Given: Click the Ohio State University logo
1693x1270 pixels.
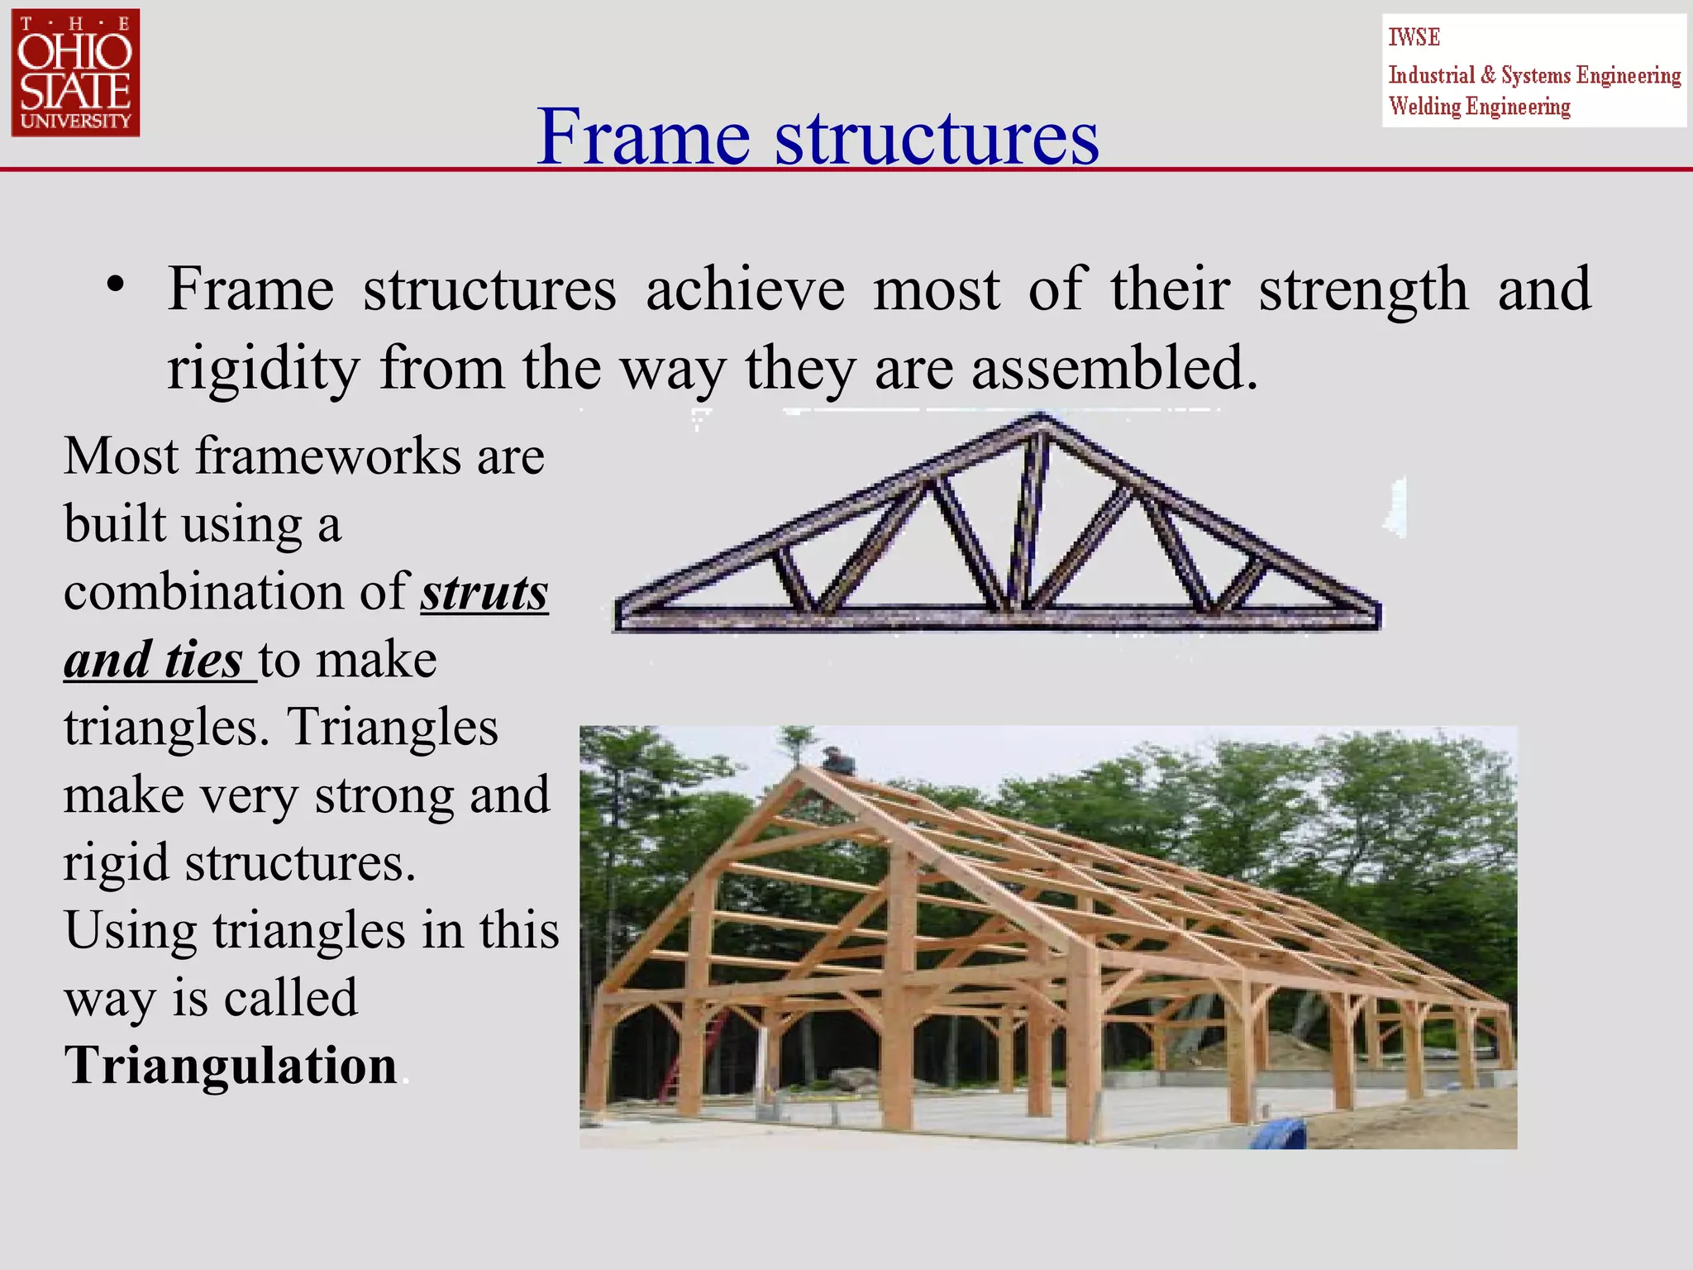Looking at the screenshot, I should [75, 73].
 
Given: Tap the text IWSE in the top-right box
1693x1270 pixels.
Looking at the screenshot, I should [1414, 38].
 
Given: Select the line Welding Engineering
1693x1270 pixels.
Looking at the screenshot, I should [1479, 107].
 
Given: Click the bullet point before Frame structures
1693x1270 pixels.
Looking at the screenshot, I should [116, 286].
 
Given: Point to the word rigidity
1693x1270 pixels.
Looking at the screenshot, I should [264, 369].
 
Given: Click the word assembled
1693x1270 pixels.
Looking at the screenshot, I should [1114, 369].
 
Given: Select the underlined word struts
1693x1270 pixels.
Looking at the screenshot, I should [484, 593].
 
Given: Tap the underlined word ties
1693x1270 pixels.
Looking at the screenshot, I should [203, 661].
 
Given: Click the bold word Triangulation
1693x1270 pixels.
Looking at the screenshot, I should [231, 1065].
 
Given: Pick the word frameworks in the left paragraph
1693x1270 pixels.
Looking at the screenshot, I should [328, 456].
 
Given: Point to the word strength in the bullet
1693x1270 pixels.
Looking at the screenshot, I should [1362, 289].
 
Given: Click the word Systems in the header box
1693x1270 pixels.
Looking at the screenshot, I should [1536, 75].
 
